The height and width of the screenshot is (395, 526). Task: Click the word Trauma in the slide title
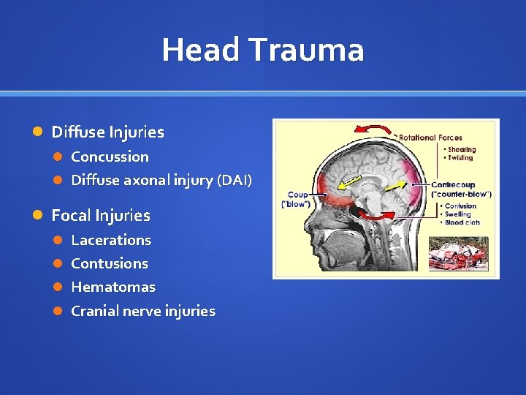coord(306,50)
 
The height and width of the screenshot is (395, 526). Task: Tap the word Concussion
coord(110,157)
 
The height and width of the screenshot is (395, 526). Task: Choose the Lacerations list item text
coord(111,240)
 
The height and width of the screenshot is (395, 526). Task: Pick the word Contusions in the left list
coord(110,263)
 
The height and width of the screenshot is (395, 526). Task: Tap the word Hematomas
coord(113,287)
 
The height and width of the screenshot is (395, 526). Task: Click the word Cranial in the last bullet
coord(96,311)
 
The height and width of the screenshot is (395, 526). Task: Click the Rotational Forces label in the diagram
coord(431,138)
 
